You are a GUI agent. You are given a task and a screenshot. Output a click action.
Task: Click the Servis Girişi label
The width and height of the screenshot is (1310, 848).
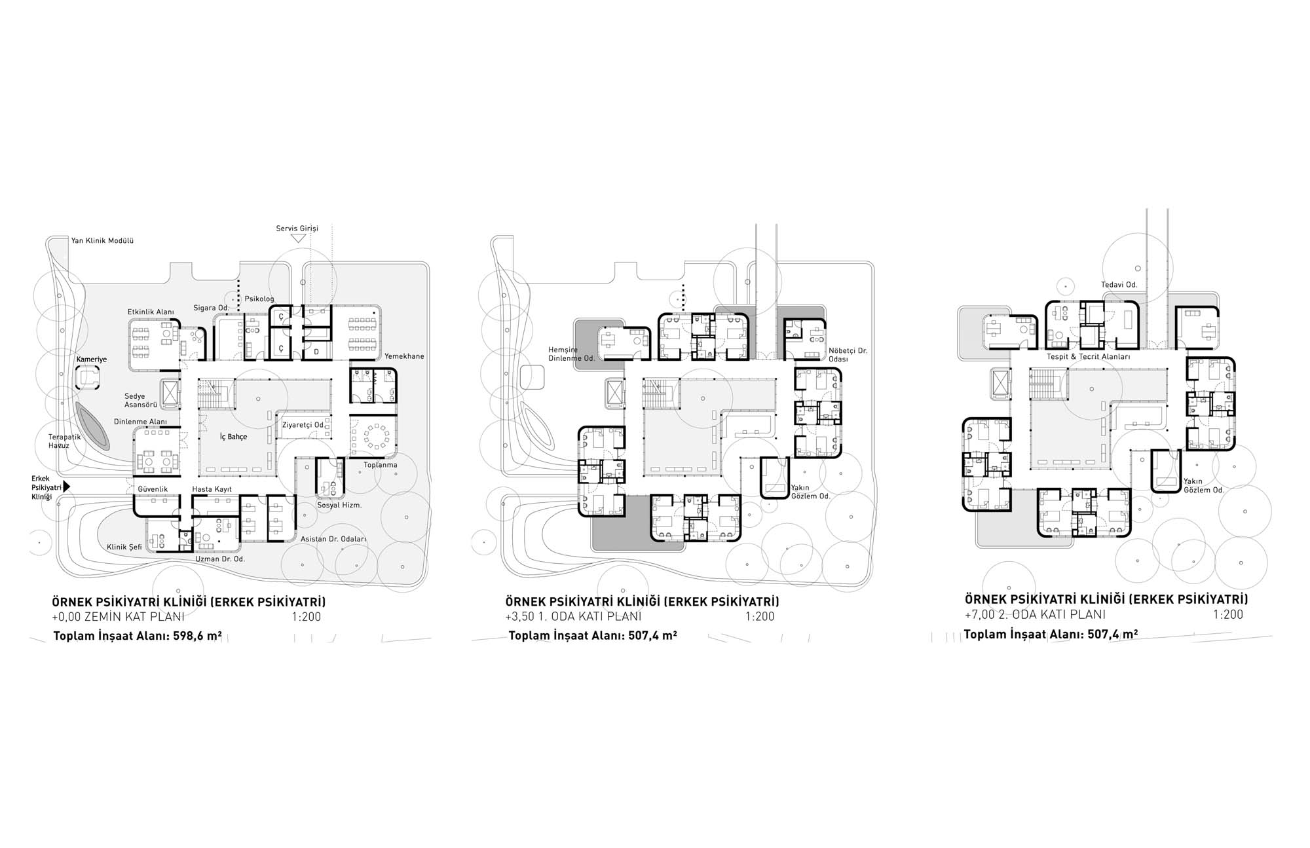(297, 229)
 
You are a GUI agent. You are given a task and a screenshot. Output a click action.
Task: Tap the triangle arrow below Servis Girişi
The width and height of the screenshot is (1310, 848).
(298, 239)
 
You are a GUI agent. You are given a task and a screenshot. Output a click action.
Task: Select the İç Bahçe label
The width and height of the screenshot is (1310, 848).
(233, 437)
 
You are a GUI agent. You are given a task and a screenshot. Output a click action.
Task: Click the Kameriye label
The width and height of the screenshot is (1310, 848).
(92, 359)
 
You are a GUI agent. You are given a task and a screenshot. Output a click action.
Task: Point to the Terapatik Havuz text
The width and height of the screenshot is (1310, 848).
(64, 441)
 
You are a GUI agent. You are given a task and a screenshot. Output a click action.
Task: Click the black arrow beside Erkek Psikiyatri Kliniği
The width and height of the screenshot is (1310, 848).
(66, 487)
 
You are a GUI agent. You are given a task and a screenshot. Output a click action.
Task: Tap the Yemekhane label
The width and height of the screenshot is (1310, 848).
(404, 356)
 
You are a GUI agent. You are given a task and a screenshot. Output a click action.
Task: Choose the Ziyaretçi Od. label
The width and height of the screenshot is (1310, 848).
(303, 425)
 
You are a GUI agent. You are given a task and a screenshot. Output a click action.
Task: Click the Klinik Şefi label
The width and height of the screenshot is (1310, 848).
(124, 547)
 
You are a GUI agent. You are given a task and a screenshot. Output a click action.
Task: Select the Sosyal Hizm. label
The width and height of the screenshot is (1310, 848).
(339, 505)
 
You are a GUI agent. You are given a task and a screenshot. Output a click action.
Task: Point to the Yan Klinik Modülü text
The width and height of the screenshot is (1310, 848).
(102, 240)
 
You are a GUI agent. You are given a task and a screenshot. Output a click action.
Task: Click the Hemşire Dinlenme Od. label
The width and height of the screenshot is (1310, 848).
(571, 354)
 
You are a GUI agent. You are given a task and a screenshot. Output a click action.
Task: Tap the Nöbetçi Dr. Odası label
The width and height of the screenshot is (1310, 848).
(848, 355)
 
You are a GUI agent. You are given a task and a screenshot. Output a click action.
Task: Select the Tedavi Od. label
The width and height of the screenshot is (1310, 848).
(1119, 285)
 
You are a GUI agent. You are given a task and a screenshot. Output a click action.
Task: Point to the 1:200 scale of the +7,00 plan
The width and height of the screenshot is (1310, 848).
(1227, 614)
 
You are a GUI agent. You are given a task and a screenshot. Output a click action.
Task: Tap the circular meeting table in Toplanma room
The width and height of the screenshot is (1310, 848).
(377, 435)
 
